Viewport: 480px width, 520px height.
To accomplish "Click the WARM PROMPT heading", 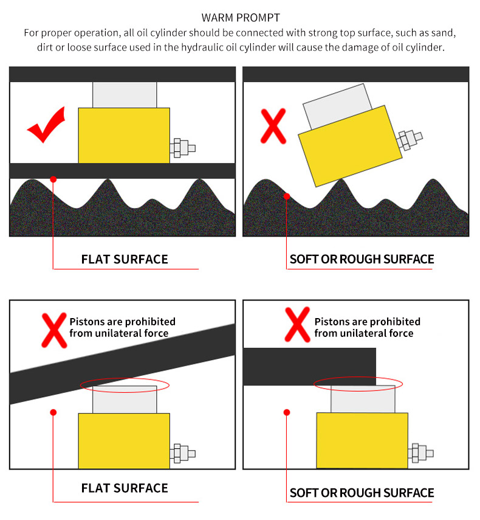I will click(x=240, y=18).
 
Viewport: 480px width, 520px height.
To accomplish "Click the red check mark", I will click(x=47, y=126).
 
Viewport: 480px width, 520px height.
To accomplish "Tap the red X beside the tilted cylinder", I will click(x=273, y=127).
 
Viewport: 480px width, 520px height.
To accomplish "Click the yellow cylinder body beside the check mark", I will click(x=124, y=135).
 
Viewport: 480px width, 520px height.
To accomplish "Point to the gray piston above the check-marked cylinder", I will click(x=124, y=95).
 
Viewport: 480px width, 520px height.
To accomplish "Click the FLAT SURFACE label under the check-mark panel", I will click(x=125, y=259).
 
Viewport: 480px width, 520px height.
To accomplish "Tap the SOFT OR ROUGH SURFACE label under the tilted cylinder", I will click(x=362, y=259).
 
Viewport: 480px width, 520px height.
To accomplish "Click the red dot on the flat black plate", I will click(x=53, y=179).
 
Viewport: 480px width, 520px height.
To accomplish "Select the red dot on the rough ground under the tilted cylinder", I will click(x=287, y=196).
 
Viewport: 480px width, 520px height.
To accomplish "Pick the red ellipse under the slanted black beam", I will click(x=125, y=386).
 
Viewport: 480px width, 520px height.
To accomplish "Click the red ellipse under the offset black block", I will click(x=358, y=383).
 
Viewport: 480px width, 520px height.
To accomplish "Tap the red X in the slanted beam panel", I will click(x=53, y=327).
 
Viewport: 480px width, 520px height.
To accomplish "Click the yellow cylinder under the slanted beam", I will click(x=124, y=440).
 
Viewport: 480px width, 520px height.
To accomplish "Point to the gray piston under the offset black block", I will click(x=363, y=399).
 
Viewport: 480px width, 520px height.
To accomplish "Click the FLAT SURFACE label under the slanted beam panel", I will click(x=125, y=488).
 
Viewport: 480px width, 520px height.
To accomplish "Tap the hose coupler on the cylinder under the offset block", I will click(x=421, y=453).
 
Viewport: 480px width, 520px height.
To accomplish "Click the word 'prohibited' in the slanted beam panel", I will click(x=149, y=321).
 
